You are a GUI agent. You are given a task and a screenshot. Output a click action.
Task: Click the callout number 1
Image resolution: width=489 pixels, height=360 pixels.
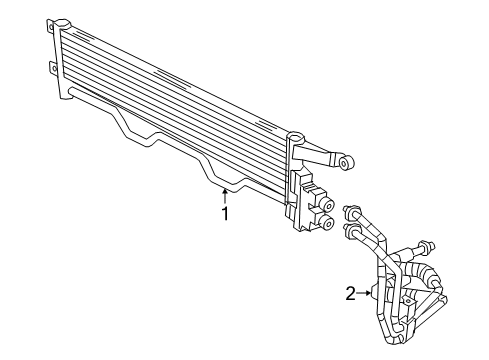226,213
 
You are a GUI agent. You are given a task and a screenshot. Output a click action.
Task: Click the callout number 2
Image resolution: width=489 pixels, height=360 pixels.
350,293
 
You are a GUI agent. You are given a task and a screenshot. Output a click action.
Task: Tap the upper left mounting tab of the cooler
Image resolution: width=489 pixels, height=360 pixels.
51,39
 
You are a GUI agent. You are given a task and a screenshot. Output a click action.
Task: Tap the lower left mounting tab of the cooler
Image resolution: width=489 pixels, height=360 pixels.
53,69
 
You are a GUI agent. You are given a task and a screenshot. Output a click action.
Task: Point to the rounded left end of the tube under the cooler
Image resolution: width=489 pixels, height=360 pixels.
71,92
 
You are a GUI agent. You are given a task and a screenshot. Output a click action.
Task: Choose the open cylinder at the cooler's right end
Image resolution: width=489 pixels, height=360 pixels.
295,136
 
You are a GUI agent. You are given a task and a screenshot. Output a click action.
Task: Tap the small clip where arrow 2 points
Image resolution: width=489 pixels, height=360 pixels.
376,292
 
